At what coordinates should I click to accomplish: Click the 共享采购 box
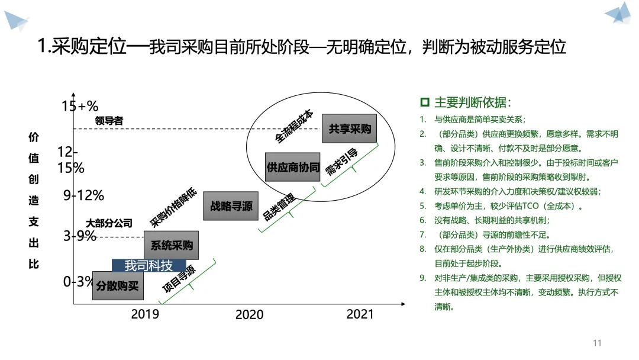(349, 128)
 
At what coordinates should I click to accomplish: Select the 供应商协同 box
(293, 167)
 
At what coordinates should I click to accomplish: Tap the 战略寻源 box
(231, 206)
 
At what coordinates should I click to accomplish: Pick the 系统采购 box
(171, 245)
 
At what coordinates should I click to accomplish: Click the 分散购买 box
(118, 285)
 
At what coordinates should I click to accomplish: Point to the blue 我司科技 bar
(149, 265)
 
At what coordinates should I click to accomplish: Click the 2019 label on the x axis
(145, 314)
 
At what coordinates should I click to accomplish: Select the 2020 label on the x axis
(250, 314)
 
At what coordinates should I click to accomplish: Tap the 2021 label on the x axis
(360, 314)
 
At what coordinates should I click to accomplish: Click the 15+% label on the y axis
(80, 106)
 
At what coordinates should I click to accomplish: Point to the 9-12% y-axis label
(83, 195)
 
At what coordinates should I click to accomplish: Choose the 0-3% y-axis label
(78, 281)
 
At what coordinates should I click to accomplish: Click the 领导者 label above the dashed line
(109, 121)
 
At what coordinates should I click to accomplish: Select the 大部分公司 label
(109, 223)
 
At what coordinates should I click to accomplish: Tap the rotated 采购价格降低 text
(173, 207)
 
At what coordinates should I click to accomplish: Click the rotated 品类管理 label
(279, 207)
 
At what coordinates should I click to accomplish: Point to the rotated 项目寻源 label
(179, 279)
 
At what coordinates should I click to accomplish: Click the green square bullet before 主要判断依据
(425, 102)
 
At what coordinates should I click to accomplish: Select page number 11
(597, 343)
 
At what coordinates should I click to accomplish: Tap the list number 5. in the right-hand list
(423, 206)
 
